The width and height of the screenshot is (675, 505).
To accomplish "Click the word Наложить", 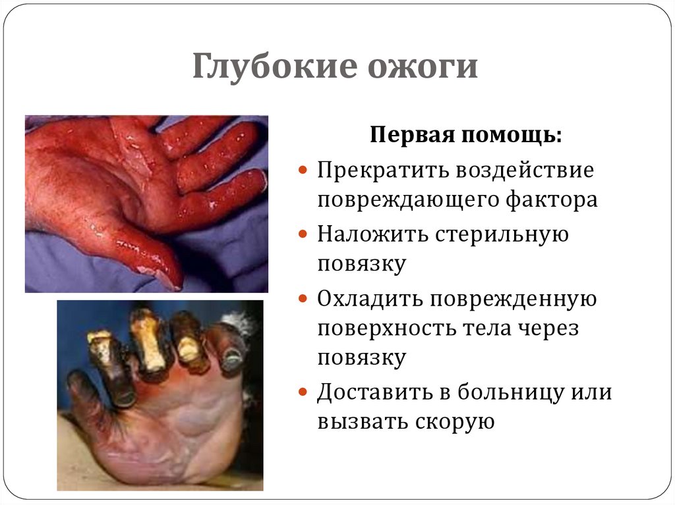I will point(371,233).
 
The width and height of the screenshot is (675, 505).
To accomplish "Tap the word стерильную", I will point(501,233).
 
